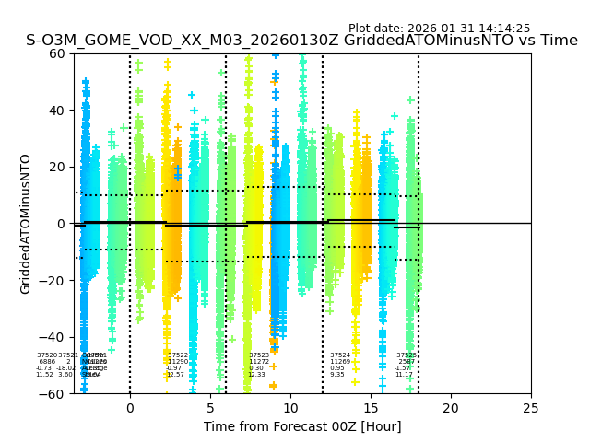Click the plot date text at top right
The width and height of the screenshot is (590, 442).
pyautogui.click(x=439, y=29)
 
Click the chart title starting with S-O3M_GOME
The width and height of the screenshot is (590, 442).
pyautogui.click(x=301, y=41)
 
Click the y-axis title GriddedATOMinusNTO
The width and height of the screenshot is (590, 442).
pyautogui.click(x=26, y=224)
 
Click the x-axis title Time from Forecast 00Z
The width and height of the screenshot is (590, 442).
pyautogui.click(x=302, y=426)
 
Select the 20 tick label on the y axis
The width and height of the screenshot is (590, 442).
pyautogui.click(x=57, y=167)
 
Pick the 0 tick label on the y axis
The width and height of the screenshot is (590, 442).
pyautogui.click(x=61, y=224)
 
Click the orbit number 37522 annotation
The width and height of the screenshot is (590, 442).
pyautogui.click(x=178, y=355)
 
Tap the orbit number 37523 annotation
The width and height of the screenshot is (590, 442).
pyautogui.click(x=259, y=355)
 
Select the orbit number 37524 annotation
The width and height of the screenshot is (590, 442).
pyautogui.click(x=340, y=355)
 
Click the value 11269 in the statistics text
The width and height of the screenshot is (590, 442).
pyautogui.click(x=340, y=362)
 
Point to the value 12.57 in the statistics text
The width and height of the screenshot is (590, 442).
pyautogui.click(x=175, y=375)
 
